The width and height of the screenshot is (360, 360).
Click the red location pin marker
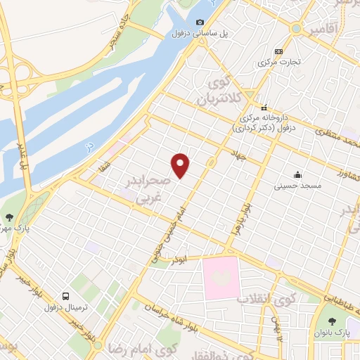pyautogui.click(x=181, y=165)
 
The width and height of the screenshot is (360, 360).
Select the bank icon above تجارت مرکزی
pyautogui.click(x=280, y=51)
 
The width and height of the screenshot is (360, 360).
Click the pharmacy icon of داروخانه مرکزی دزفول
pyautogui.click(x=264, y=108)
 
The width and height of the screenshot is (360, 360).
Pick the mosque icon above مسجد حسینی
pyautogui.click(x=299, y=174)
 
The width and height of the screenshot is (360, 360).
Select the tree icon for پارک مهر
pyautogui.click(x=8, y=218)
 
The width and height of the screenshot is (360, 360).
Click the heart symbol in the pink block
pyautogui.click(x=221, y=277)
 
